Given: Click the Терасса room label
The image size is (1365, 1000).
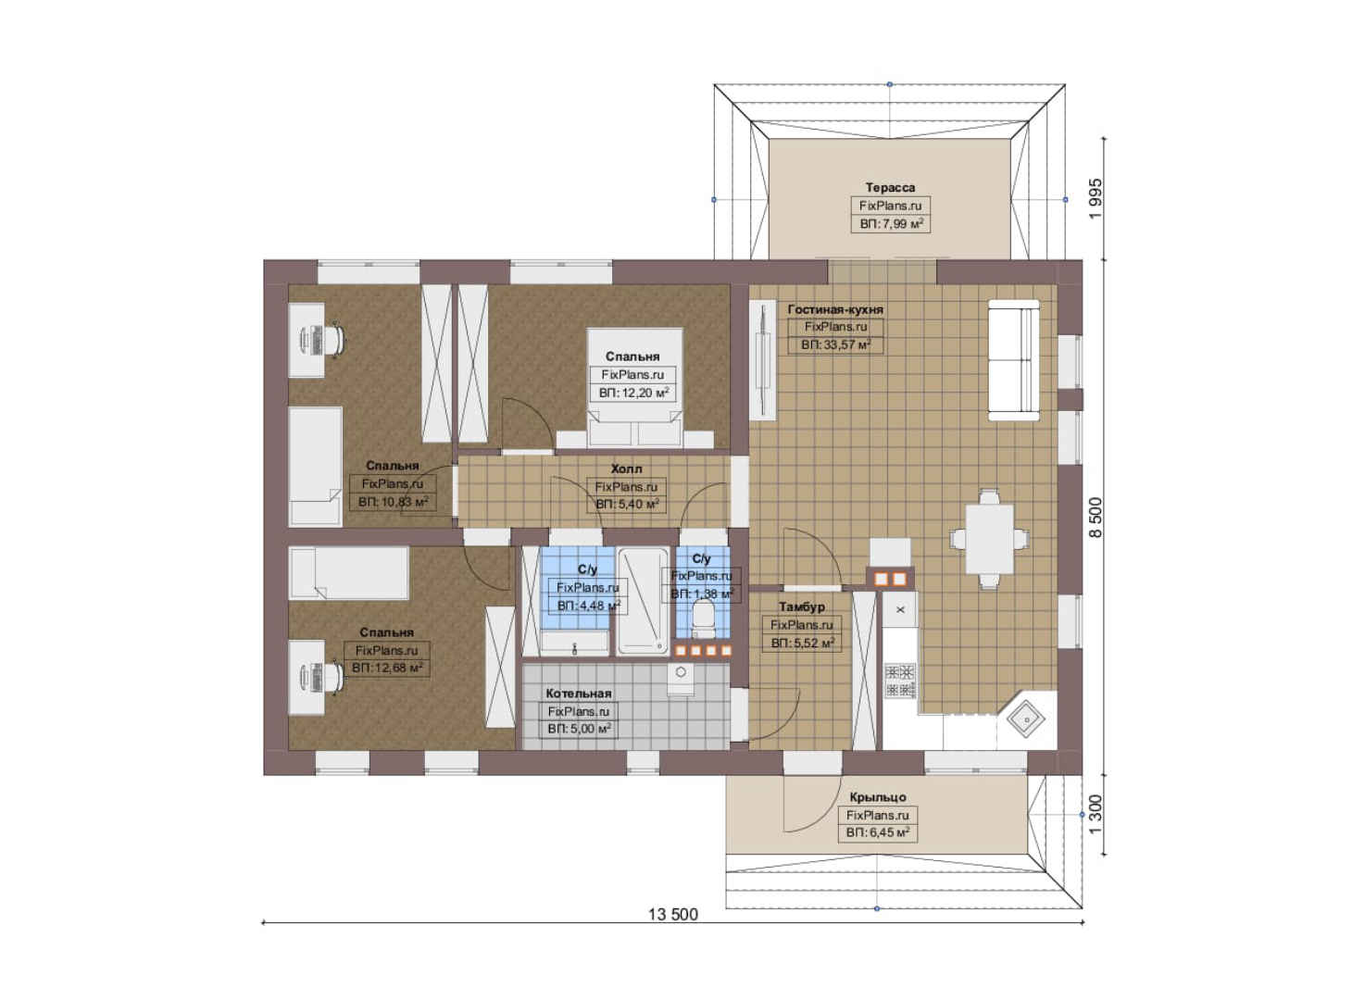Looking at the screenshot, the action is coord(890,188).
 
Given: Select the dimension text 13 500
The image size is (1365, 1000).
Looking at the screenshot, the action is coord(672,914).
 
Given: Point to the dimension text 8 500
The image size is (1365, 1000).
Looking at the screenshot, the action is coord(1095,518).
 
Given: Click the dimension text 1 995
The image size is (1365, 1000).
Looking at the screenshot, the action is coord(1095,199).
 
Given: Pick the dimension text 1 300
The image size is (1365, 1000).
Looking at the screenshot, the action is coord(1095,815).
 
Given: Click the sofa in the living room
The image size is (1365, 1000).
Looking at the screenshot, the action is coord(1013,359).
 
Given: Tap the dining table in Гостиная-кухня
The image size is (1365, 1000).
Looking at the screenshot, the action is coord(989,539).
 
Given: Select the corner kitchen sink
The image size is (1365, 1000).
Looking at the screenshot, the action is coord(1026,719).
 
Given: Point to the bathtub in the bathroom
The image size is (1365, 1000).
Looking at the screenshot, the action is coord(643,602).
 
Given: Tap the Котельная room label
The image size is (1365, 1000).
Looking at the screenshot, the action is coord(578,694).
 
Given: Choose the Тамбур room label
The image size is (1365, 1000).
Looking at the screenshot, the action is coord(801,607).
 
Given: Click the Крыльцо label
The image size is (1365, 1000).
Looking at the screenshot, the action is coord(878,797).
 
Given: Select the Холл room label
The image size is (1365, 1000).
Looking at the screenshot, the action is coord(626,469).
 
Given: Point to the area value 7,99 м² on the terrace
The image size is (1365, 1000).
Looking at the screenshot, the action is coord(891,224).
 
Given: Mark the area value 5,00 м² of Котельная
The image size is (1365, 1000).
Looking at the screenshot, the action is coord(579,729).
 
